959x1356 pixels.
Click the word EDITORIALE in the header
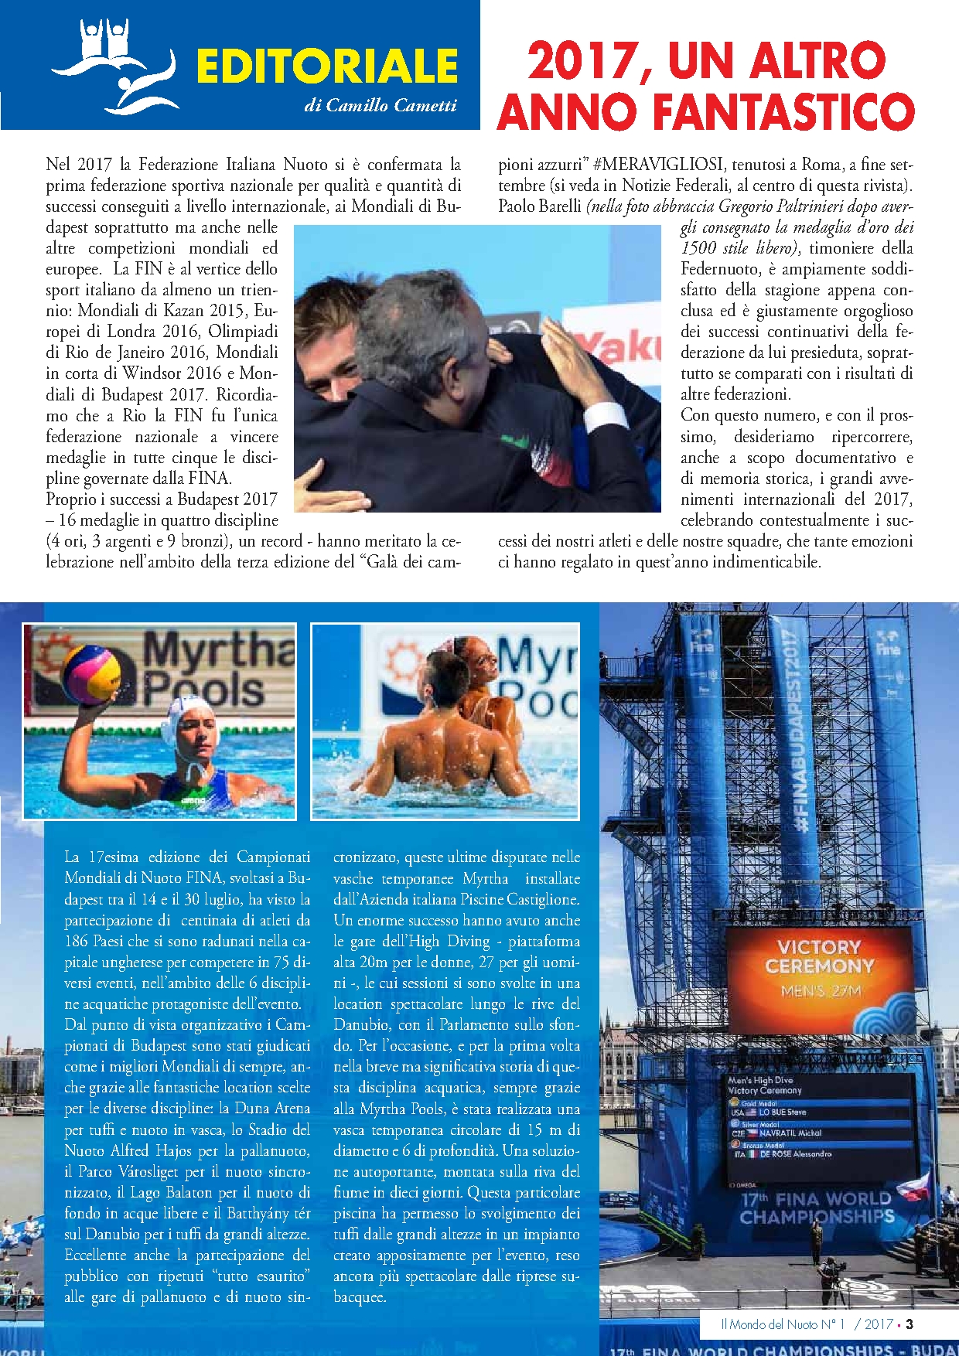tap(326, 66)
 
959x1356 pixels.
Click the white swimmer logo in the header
tap(116, 66)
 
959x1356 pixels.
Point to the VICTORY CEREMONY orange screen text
tap(819, 957)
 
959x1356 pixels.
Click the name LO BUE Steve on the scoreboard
tap(783, 1112)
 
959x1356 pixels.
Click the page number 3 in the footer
tap(910, 1324)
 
